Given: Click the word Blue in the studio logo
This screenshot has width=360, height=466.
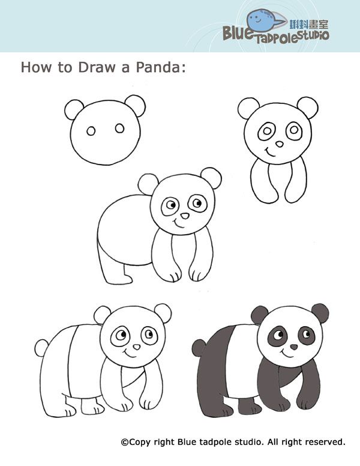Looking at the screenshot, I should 240,34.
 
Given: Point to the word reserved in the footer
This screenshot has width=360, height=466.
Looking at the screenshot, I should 325,442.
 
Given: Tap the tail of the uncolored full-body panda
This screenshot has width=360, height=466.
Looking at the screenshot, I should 41,346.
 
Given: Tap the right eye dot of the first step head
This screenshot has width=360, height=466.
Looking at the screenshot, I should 119,128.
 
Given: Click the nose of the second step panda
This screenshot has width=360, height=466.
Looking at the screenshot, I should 280,144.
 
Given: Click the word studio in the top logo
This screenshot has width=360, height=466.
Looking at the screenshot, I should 311,36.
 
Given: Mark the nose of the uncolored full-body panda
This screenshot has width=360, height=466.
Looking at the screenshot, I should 136,347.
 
